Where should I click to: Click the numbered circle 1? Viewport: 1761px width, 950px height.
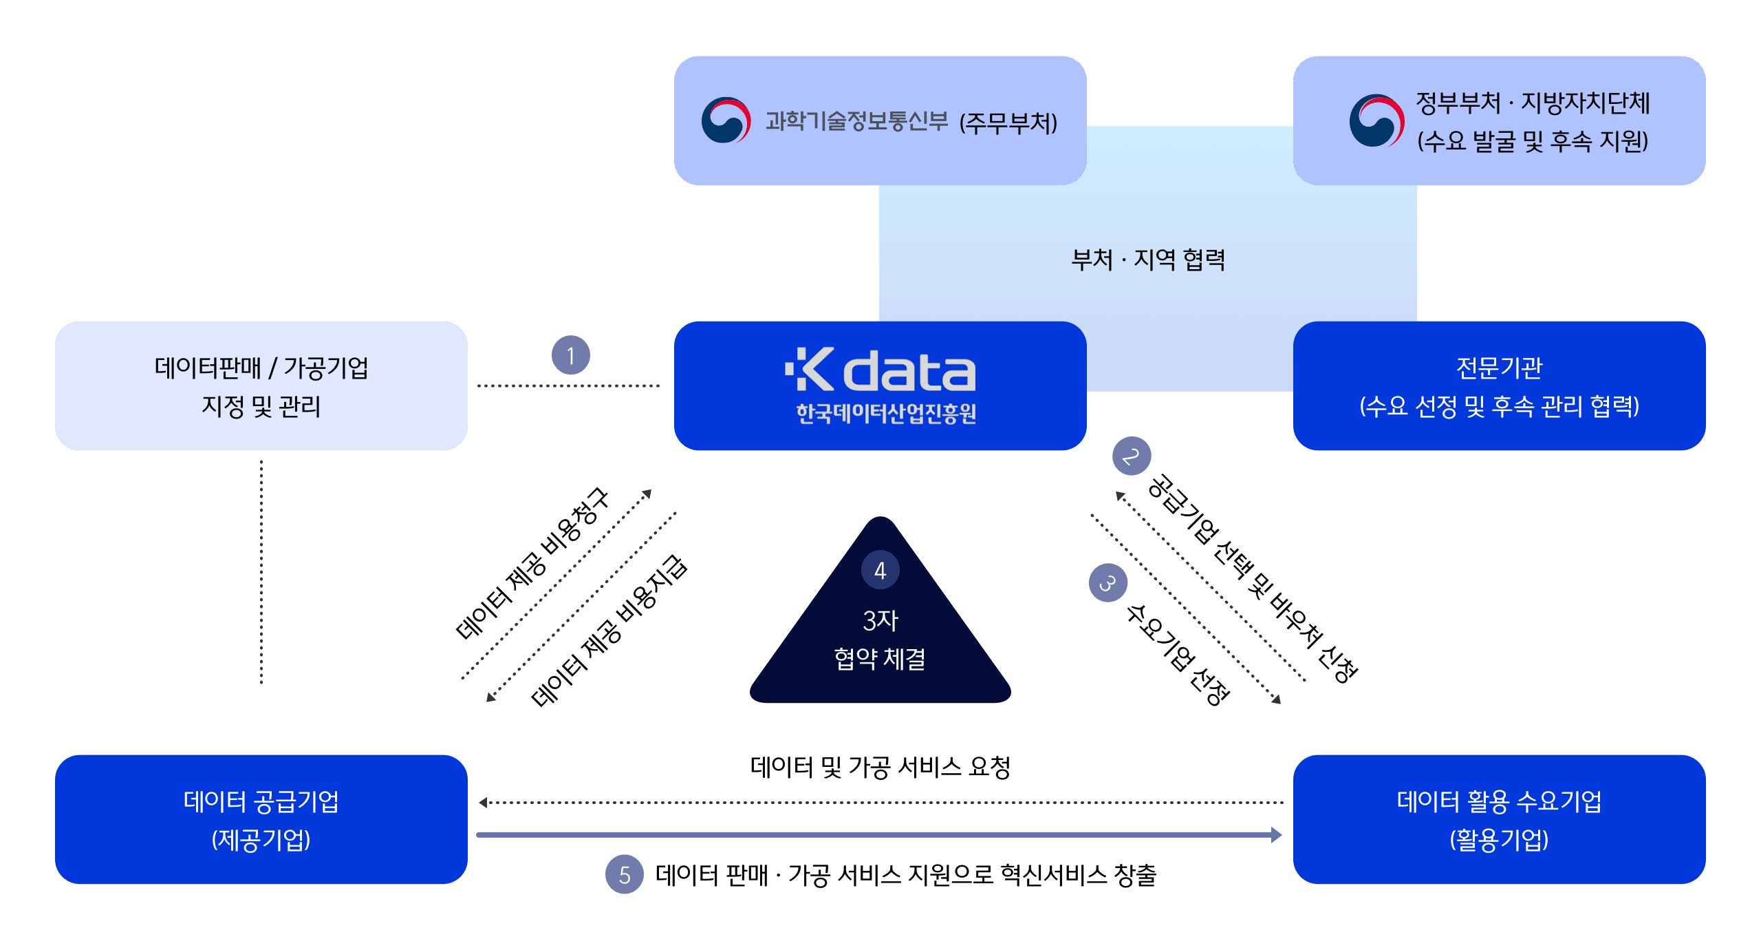(570, 355)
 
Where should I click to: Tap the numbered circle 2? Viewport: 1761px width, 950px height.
(1131, 456)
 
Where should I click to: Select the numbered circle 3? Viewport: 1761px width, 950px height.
(1108, 583)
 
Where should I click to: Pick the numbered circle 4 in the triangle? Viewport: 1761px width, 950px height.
(880, 570)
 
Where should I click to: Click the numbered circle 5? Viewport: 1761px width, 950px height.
(624, 875)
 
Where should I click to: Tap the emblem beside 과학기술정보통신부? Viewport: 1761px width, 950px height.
(726, 120)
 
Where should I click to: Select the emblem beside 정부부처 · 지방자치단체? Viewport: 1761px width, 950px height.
(1376, 120)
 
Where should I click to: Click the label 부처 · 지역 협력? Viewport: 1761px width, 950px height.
(1147, 260)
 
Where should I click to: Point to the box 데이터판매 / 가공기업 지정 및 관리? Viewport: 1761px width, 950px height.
(261, 386)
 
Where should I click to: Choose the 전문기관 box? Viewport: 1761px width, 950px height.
(1499, 386)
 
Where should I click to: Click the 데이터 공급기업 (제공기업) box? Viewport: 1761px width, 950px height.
(261, 819)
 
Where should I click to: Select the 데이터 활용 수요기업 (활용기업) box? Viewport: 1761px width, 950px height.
(1499, 819)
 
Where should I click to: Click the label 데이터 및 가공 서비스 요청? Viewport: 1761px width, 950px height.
(880, 767)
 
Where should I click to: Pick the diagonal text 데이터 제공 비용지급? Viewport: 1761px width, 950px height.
(609, 631)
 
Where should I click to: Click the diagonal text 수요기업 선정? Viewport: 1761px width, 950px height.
(1177, 655)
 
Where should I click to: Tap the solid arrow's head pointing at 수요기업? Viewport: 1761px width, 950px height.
(1276, 835)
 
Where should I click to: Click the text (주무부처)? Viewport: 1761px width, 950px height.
(1008, 123)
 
